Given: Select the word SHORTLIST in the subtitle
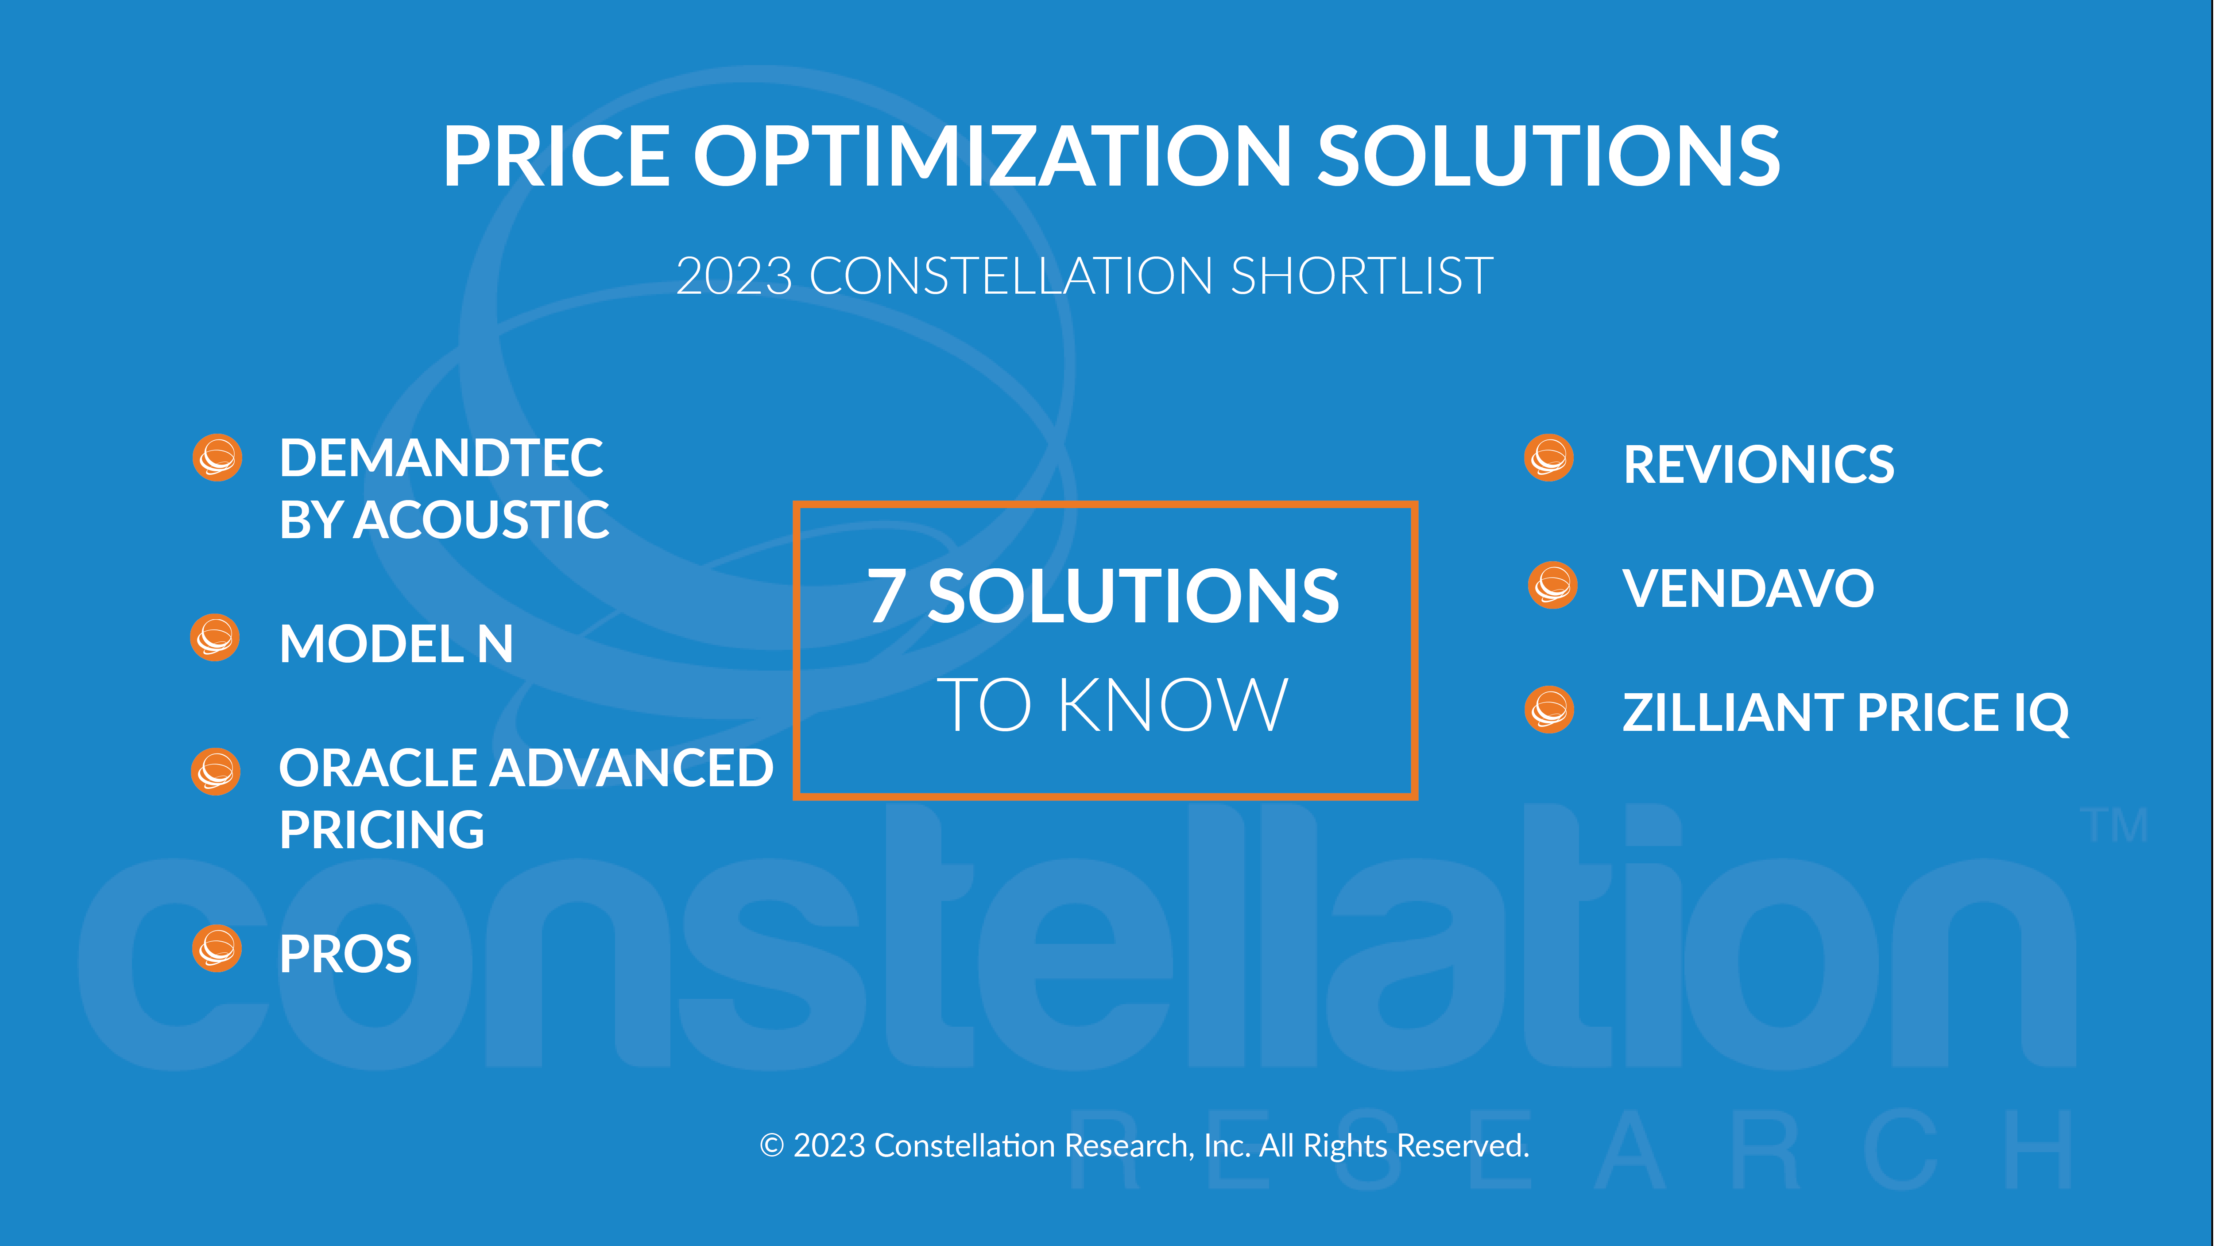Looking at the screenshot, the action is coord(1362,276).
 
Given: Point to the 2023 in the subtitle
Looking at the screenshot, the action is coord(734,276).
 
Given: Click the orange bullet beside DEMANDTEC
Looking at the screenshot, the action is coord(217,458).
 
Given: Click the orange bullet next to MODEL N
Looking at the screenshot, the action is coord(215,638).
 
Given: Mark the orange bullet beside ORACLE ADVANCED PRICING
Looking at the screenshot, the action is coord(216,771).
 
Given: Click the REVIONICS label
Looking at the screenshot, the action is coord(1758,464).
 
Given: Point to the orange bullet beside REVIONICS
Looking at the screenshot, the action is coord(1549,458).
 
